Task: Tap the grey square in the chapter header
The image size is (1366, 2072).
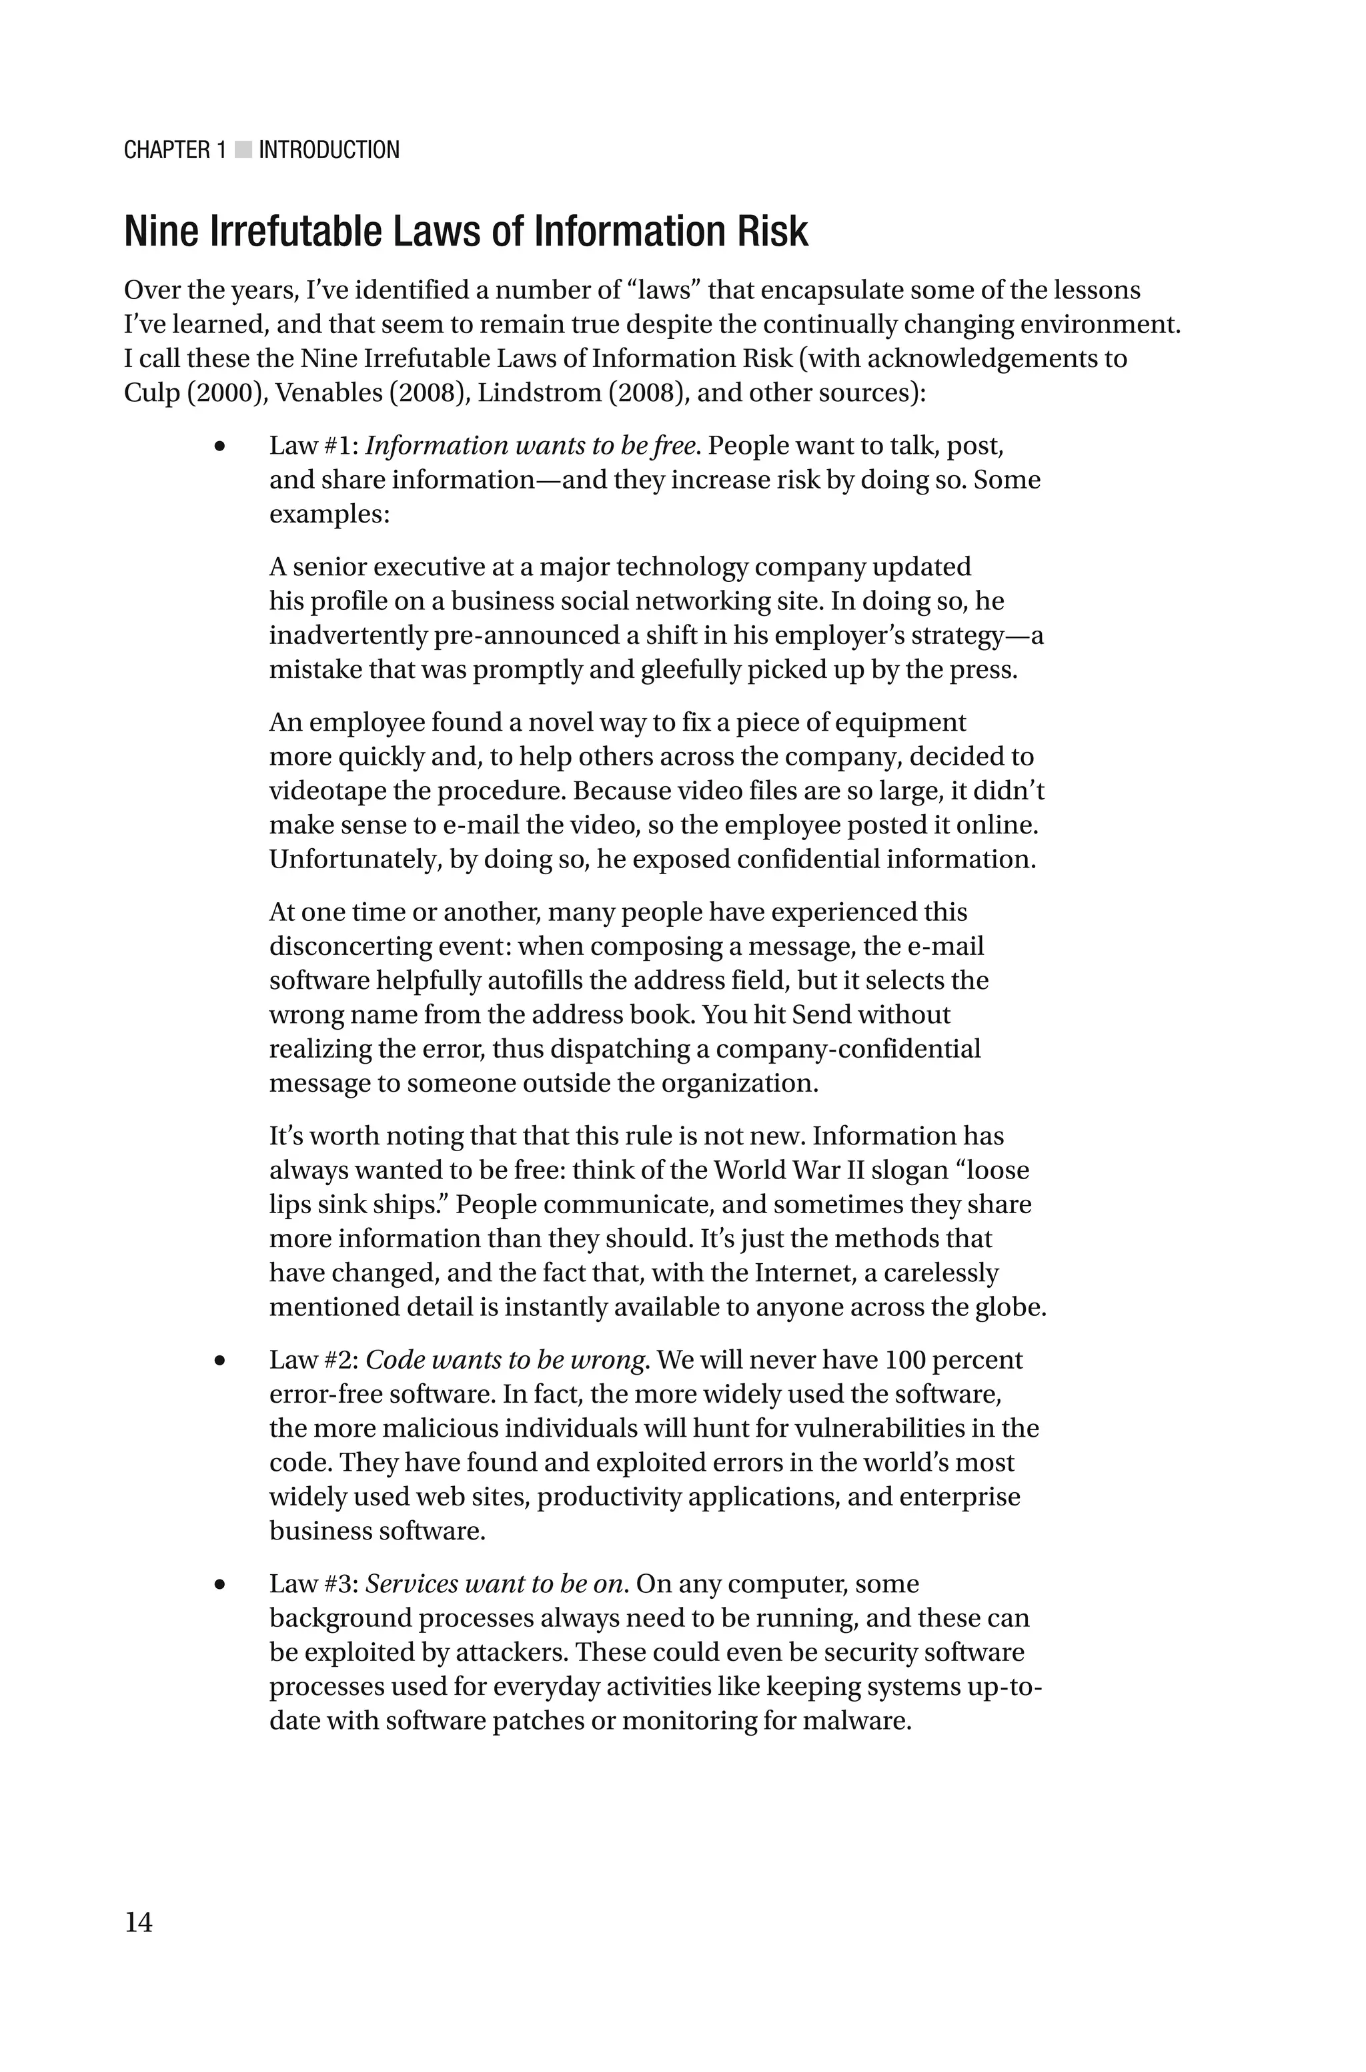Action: [243, 151]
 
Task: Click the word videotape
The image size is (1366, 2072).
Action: [321, 791]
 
